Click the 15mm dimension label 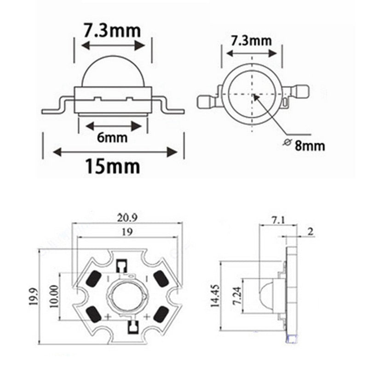click(x=112, y=166)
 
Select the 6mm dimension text click(x=113, y=138)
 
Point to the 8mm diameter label click(x=310, y=146)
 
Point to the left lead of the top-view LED click(x=205, y=101)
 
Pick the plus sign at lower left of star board click(x=108, y=316)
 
